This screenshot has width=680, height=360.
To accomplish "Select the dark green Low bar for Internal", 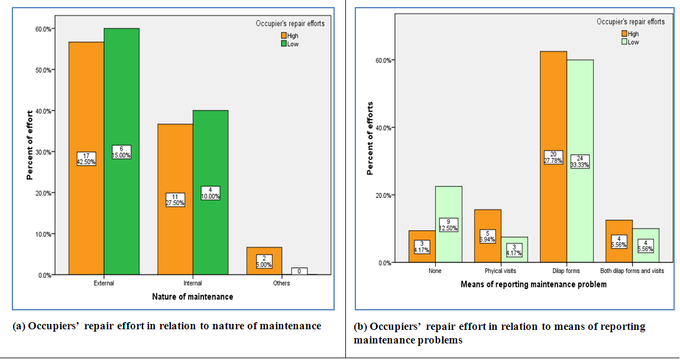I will (x=211, y=231).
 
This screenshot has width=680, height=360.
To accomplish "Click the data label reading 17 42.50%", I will (x=86, y=159).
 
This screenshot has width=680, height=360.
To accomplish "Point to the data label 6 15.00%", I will (x=122, y=152).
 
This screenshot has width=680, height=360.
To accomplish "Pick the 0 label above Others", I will (x=299, y=271).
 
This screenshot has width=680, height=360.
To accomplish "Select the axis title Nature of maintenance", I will (x=193, y=297).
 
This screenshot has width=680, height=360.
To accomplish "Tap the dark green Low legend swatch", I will (x=284, y=44).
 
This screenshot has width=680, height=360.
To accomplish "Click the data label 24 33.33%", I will (x=580, y=161).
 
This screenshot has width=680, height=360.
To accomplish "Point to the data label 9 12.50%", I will (x=449, y=225).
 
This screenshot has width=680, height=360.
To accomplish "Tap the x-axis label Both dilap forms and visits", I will (x=633, y=271).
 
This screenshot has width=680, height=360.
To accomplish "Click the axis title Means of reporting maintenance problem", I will (x=533, y=284).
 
